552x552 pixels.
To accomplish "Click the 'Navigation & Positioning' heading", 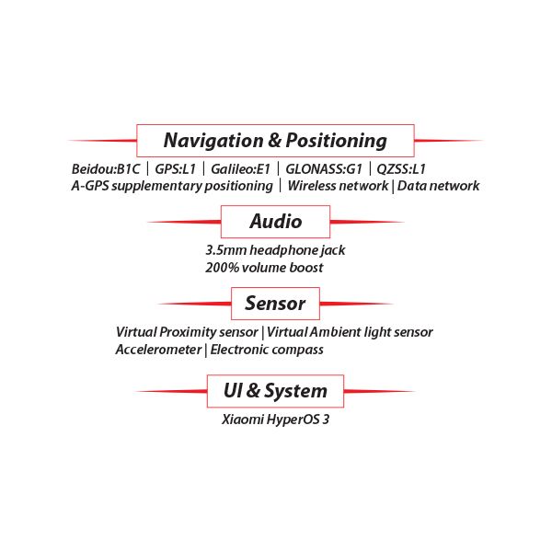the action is tap(275, 141).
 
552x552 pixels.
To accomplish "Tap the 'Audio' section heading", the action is tap(276, 222).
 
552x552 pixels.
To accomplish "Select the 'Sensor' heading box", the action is tap(275, 304).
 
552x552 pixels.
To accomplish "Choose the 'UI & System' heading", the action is tap(275, 391).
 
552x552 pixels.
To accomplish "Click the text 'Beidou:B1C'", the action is tap(106, 169).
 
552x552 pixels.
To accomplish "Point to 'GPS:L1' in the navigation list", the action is tap(176, 169).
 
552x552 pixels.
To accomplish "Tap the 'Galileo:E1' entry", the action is tap(240, 169).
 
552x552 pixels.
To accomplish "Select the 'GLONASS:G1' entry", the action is tap(324, 169).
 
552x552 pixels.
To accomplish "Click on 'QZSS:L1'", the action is tap(401, 169).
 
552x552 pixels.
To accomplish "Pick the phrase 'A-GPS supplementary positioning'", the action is tap(172, 186).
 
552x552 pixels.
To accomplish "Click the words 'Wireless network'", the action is tap(338, 186).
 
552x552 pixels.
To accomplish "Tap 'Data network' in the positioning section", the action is tap(438, 186).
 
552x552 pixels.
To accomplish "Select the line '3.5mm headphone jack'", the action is tap(275, 250).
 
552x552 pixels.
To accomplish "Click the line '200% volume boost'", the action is tap(264, 268).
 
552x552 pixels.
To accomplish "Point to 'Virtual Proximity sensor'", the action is tap(187, 332).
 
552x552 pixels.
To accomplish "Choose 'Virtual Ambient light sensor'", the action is tap(350, 332).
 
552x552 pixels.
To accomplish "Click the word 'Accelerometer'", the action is tap(158, 350).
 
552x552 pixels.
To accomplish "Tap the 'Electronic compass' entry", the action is tap(267, 350).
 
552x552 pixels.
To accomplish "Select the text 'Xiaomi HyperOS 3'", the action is tap(276, 420).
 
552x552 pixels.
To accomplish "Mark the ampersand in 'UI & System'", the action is tap(253, 390).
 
